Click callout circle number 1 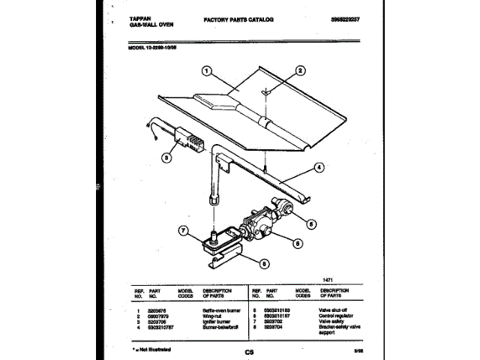pos(205,73)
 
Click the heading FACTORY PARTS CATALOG pos(238,16)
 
